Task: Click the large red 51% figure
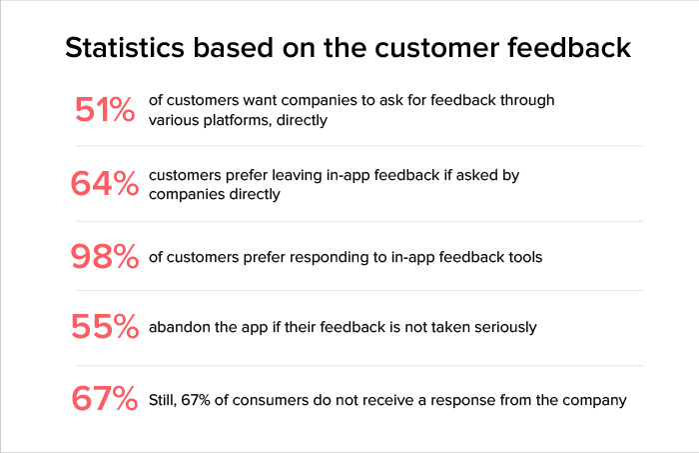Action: click(105, 109)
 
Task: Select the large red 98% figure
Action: click(105, 257)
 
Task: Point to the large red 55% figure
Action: click(105, 327)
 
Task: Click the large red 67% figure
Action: click(105, 399)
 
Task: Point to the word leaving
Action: click(297, 175)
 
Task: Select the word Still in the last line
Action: click(166, 400)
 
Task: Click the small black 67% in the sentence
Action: click(208, 400)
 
